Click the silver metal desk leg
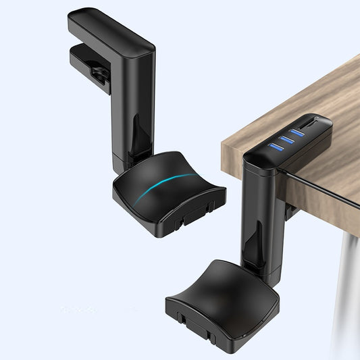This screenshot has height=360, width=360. (x=348, y=290)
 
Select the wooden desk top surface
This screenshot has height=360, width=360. (x=304, y=95)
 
